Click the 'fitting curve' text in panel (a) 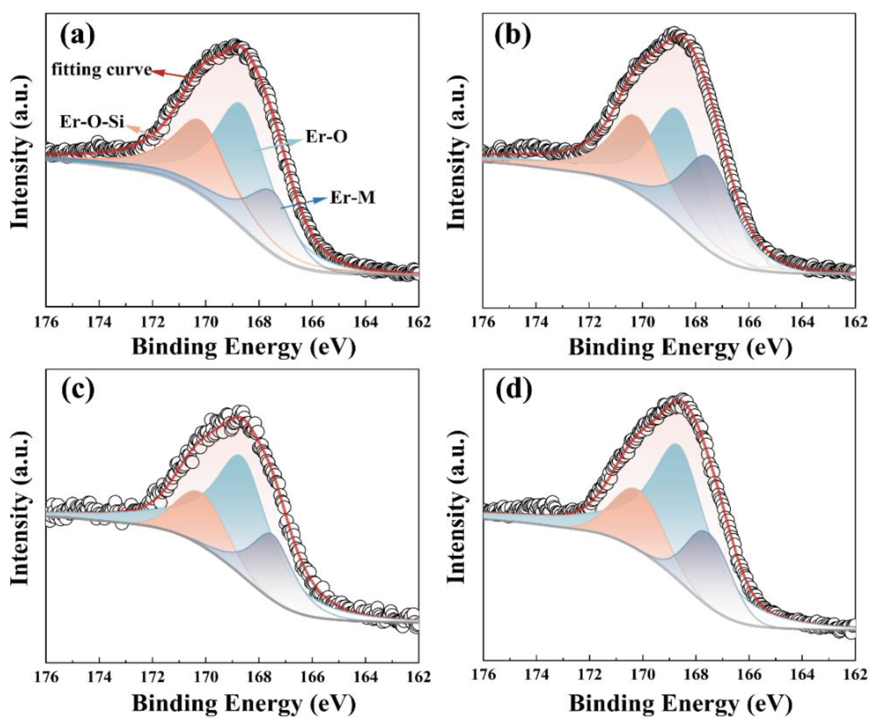pos(102,69)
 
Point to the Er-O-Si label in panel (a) pos(92,122)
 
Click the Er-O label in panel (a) pos(327,137)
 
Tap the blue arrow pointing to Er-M pos(304,204)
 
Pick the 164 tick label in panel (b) pos(801,323)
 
